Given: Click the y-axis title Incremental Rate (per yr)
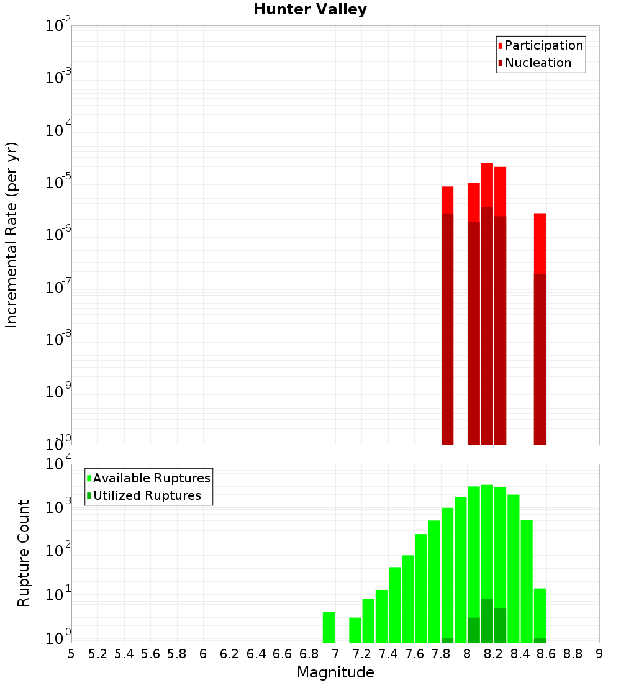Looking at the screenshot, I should coord(12,235).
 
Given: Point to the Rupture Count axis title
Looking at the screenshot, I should coord(24,553).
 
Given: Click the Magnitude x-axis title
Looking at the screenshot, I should coord(335,672).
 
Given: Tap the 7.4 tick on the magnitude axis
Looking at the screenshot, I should coord(388,654).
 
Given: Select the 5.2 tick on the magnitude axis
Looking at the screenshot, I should coord(97,654).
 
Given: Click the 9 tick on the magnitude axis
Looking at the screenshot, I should coord(599,654).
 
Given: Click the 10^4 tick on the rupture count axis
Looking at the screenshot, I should coord(60,464).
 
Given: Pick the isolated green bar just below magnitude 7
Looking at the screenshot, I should coord(329,627).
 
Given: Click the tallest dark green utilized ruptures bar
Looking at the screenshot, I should coord(487,621).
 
